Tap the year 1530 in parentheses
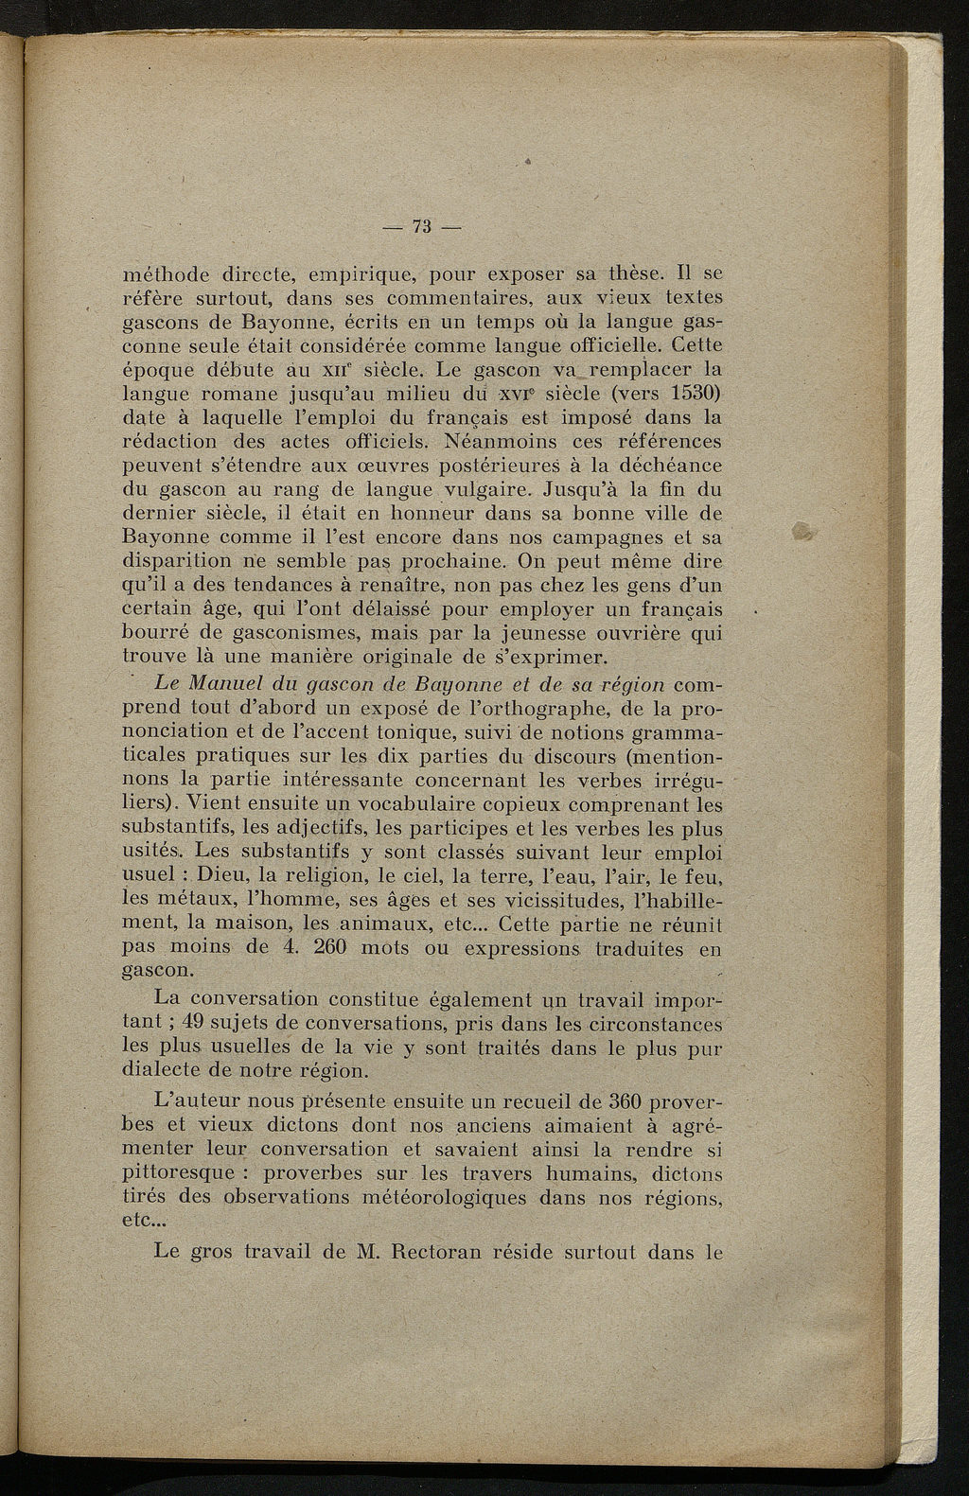tap(694, 392)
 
